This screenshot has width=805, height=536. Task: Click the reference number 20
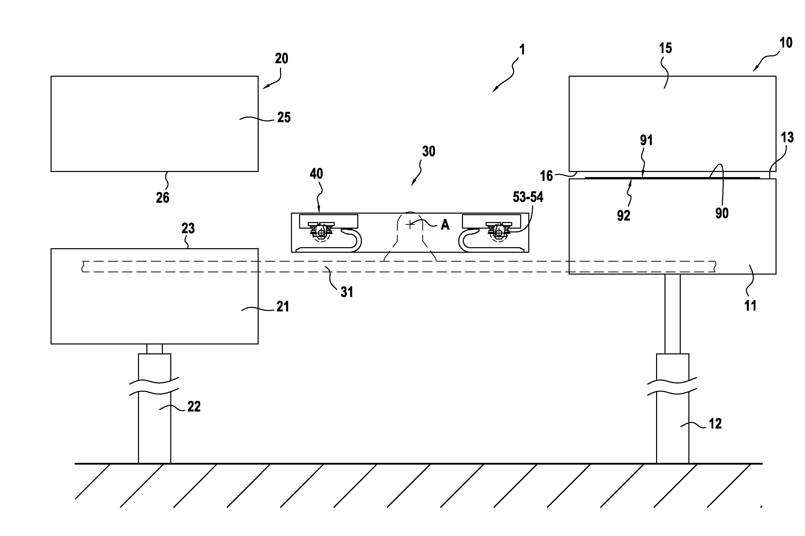(x=282, y=59)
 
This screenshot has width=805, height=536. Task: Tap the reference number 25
(x=284, y=118)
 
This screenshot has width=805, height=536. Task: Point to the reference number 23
(x=188, y=228)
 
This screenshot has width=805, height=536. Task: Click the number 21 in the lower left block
(x=283, y=307)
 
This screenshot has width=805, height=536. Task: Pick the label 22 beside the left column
(x=194, y=406)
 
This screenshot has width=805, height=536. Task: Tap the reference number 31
(x=347, y=292)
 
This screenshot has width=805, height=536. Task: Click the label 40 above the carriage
(x=316, y=174)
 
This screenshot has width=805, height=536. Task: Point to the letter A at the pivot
(x=445, y=225)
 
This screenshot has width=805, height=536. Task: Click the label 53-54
(x=528, y=197)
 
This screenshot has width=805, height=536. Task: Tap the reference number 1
(x=522, y=50)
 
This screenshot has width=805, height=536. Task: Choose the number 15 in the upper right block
(x=665, y=49)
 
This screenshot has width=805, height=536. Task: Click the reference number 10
(x=786, y=43)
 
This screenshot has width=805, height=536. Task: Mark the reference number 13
(x=787, y=138)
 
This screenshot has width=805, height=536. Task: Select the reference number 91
(x=646, y=140)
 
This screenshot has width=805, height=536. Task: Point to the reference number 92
(x=623, y=216)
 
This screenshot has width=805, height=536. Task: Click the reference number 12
(x=715, y=424)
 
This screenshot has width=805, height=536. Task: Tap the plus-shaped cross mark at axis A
(x=410, y=225)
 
